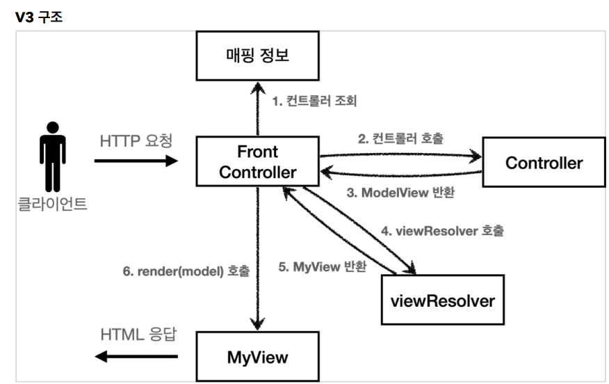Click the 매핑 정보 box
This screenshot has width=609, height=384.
click(x=258, y=55)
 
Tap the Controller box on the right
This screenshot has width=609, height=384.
click(x=544, y=164)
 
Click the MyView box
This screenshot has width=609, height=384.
click(x=258, y=358)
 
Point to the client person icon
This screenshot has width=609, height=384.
click(x=52, y=157)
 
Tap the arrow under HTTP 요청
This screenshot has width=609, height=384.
click(x=136, y=161)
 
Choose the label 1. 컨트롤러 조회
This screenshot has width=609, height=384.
click(x=314, y=102)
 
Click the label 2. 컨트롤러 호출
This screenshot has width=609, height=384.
click(x=400, y=138)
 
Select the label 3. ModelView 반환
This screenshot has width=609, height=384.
click(x=400, y=193)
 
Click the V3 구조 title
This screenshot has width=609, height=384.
click(x=39, y=17)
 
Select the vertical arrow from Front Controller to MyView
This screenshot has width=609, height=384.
click(x=258, y=257)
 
